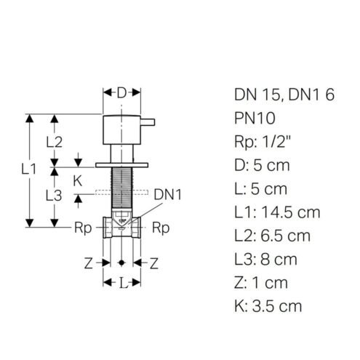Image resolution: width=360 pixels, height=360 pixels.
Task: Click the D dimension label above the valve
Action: (121, 93)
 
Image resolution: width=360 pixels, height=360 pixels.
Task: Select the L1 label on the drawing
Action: (28, 169)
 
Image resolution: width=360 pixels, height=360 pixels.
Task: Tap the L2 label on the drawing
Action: (55, 142)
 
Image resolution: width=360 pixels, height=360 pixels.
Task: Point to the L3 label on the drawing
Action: (54, 196)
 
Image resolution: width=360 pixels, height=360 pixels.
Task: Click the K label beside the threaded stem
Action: (78, 181)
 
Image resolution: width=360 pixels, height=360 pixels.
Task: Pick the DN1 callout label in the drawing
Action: (167, 195)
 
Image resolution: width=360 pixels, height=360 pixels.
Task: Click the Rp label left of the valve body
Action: (83, 228)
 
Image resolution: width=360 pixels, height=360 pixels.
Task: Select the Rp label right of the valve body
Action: (161, 228)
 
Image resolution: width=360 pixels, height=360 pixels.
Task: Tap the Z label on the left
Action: (88, 263)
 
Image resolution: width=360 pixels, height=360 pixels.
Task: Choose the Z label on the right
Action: (154, 263)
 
